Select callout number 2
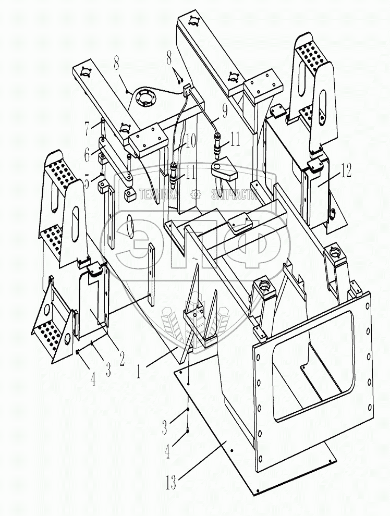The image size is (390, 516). coord(121,358)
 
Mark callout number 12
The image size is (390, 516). coord(346,169)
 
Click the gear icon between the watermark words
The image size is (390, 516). coord(196,194)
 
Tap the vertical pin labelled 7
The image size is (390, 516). coord(102,128)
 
